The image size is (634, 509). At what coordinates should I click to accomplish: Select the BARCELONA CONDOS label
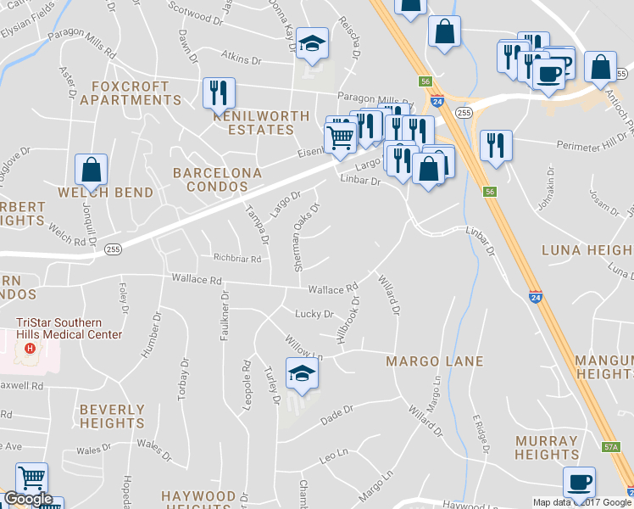tap(217, 179)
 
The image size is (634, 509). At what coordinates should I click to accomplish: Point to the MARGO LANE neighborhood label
tap(434, 361)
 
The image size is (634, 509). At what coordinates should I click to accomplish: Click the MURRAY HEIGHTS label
tap(547, 448)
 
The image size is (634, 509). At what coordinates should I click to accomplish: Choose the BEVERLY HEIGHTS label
tap(112, 416)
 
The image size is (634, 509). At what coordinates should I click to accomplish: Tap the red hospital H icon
tap(31, 349)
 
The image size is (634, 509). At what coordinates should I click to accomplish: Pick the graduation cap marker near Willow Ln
tap(302, 373)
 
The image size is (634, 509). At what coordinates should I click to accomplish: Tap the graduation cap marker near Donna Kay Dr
tap(313, 46)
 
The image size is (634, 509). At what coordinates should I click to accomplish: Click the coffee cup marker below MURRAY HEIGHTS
tap(579, 482)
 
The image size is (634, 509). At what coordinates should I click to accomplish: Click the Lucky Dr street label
tap(314, 314)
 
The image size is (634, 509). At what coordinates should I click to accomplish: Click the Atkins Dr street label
tap(240, 60)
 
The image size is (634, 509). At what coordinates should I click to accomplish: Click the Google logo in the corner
tap(28, 499)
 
